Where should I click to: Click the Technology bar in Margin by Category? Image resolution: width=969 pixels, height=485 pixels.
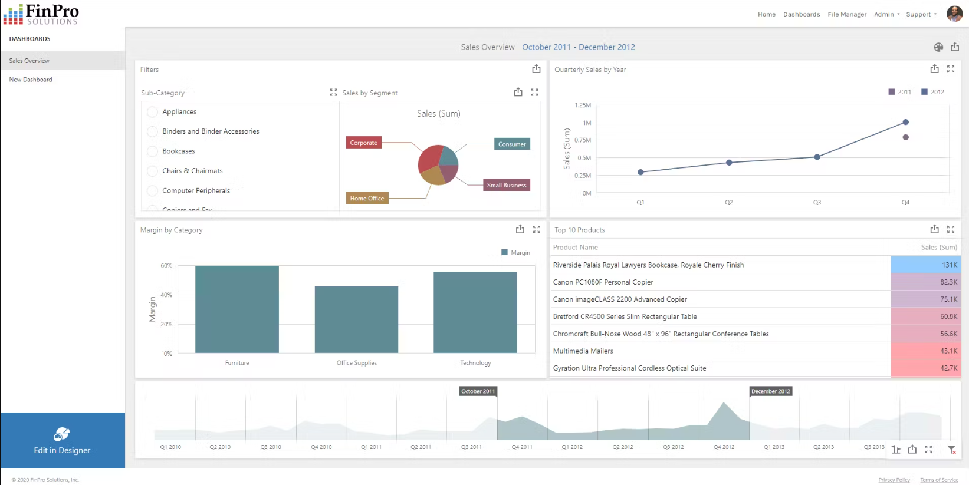point(475,312)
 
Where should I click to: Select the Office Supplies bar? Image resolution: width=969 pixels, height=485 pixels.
point(356,319)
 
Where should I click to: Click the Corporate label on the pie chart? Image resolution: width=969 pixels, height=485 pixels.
point(363,143)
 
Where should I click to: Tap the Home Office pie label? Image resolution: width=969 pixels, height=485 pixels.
point(367,199)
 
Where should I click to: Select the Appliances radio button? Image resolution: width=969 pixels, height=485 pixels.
point(152,112)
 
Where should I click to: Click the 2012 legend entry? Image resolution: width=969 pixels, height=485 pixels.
point(933,92)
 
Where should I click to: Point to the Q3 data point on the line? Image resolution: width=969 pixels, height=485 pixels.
point(817,157)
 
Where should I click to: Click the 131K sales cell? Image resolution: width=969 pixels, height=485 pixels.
point(925,265)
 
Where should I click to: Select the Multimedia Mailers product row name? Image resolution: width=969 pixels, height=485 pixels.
point(583,351)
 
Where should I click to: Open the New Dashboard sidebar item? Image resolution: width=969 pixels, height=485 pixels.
point(31,80)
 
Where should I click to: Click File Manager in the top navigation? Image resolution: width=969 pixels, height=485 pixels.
point(847,14)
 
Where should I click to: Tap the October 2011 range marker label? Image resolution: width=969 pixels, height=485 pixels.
point(478,391)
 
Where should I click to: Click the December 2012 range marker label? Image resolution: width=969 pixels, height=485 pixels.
point(770,391)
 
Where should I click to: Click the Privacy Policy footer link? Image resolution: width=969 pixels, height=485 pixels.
point(894,480)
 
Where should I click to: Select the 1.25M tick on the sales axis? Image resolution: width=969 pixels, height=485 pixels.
point(582,105)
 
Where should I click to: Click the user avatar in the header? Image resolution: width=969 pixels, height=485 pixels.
point(954,14)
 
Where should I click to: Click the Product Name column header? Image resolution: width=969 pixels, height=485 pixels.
point(576,248)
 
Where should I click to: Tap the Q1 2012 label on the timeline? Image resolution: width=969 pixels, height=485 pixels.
point(572,447)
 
